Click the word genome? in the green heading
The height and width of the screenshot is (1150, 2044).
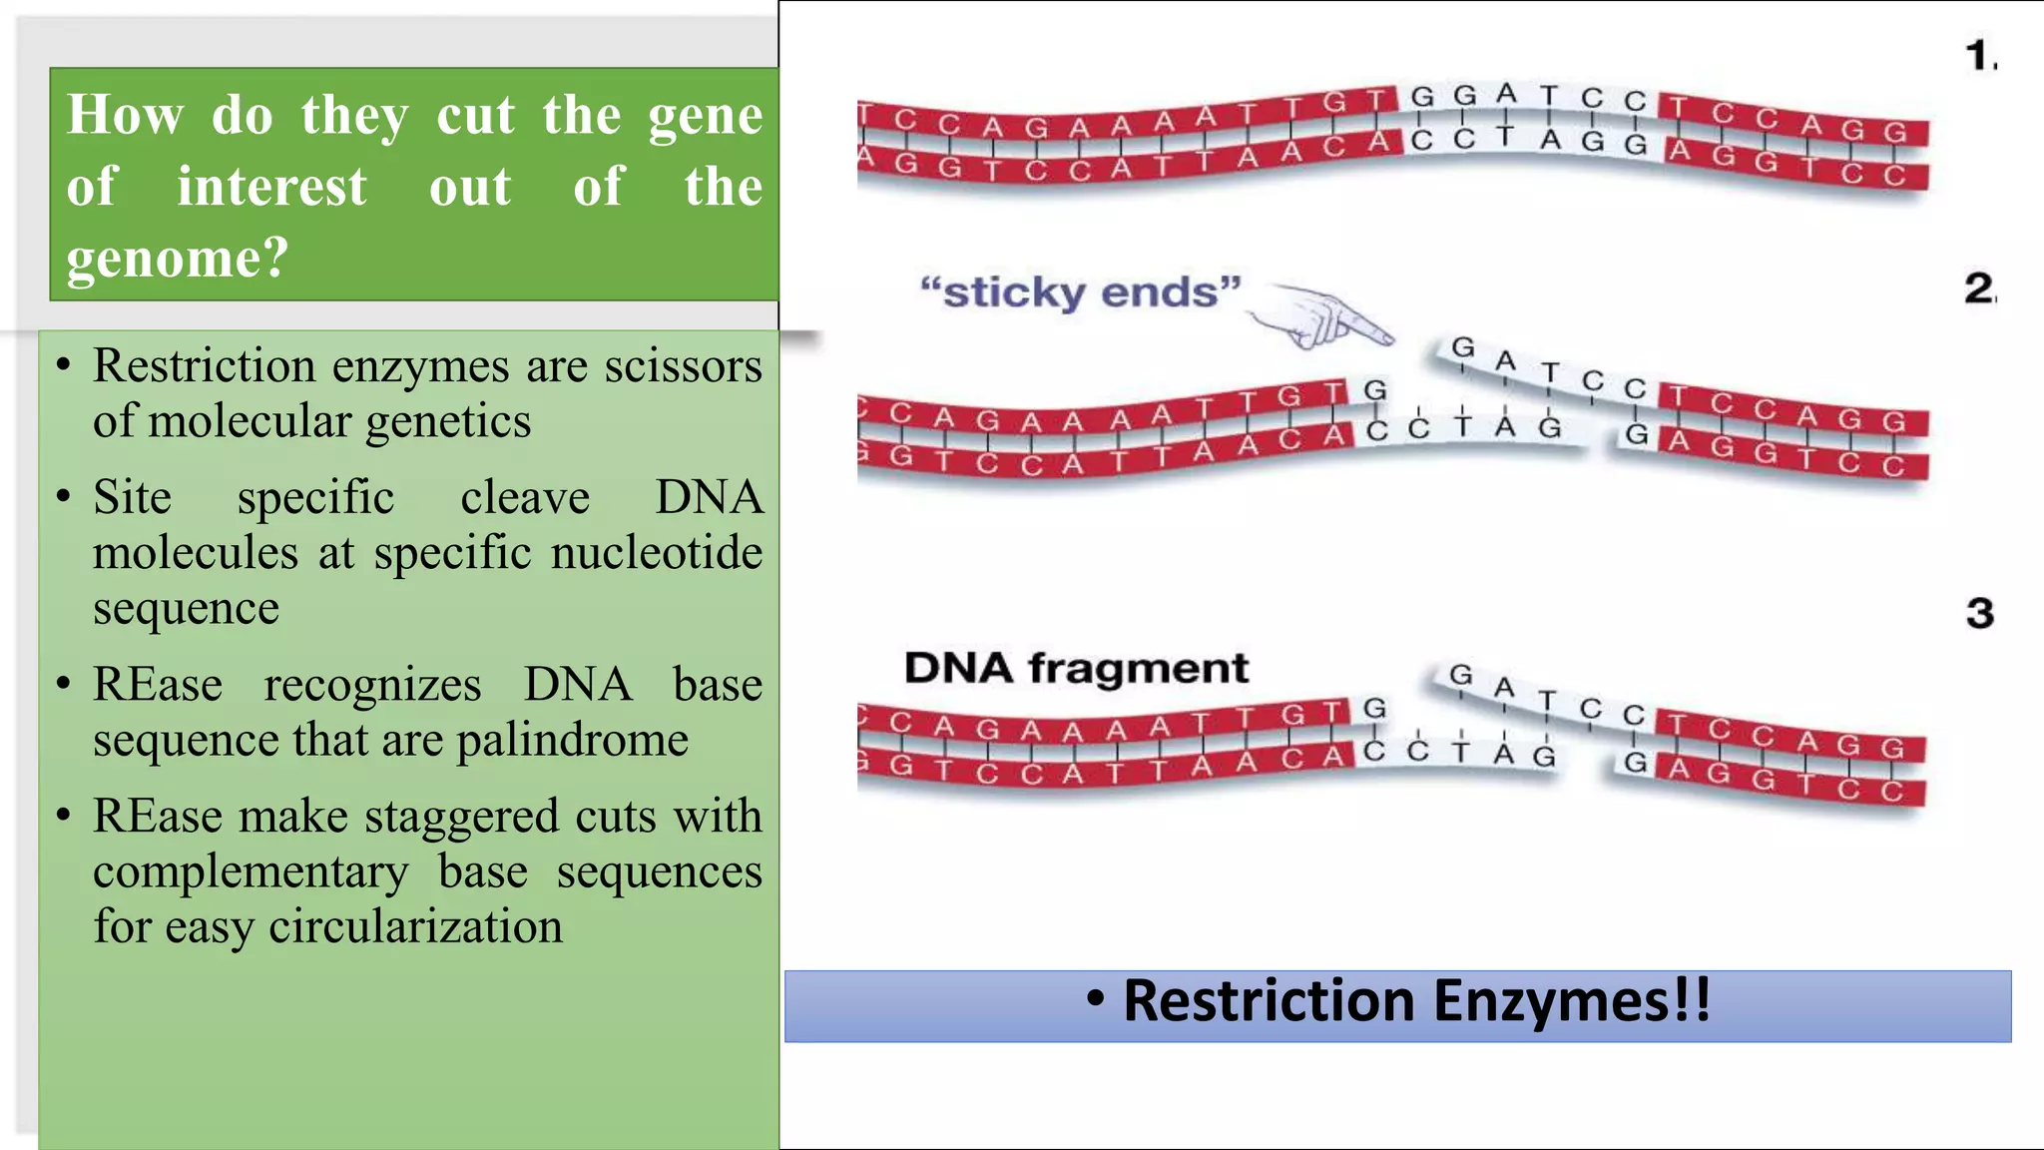point(177,260)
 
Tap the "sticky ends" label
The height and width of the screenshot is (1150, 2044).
point(1080,293)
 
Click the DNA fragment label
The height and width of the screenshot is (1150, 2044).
point(1076,668)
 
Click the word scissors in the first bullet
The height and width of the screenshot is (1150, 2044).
point(683,366)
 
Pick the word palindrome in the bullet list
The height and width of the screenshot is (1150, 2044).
point(572,741)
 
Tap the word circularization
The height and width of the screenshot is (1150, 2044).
point(415,926)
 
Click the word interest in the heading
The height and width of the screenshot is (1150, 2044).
point(271,188)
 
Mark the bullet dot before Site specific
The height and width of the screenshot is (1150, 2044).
point(64,497)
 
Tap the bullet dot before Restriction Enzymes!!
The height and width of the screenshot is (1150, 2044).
point(1095,999)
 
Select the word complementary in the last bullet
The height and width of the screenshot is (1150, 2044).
point(251,872)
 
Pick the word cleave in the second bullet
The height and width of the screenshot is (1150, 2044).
point(525,497)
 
